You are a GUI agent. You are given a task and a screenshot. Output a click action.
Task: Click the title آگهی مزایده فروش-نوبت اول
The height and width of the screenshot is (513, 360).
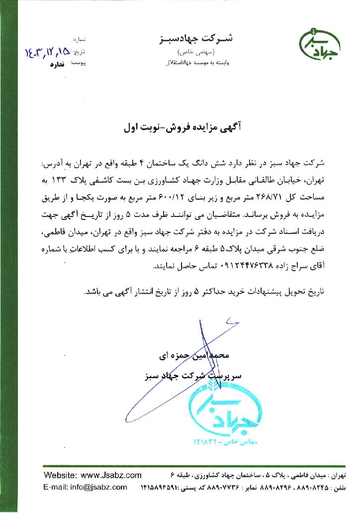(x=181, y=127)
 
